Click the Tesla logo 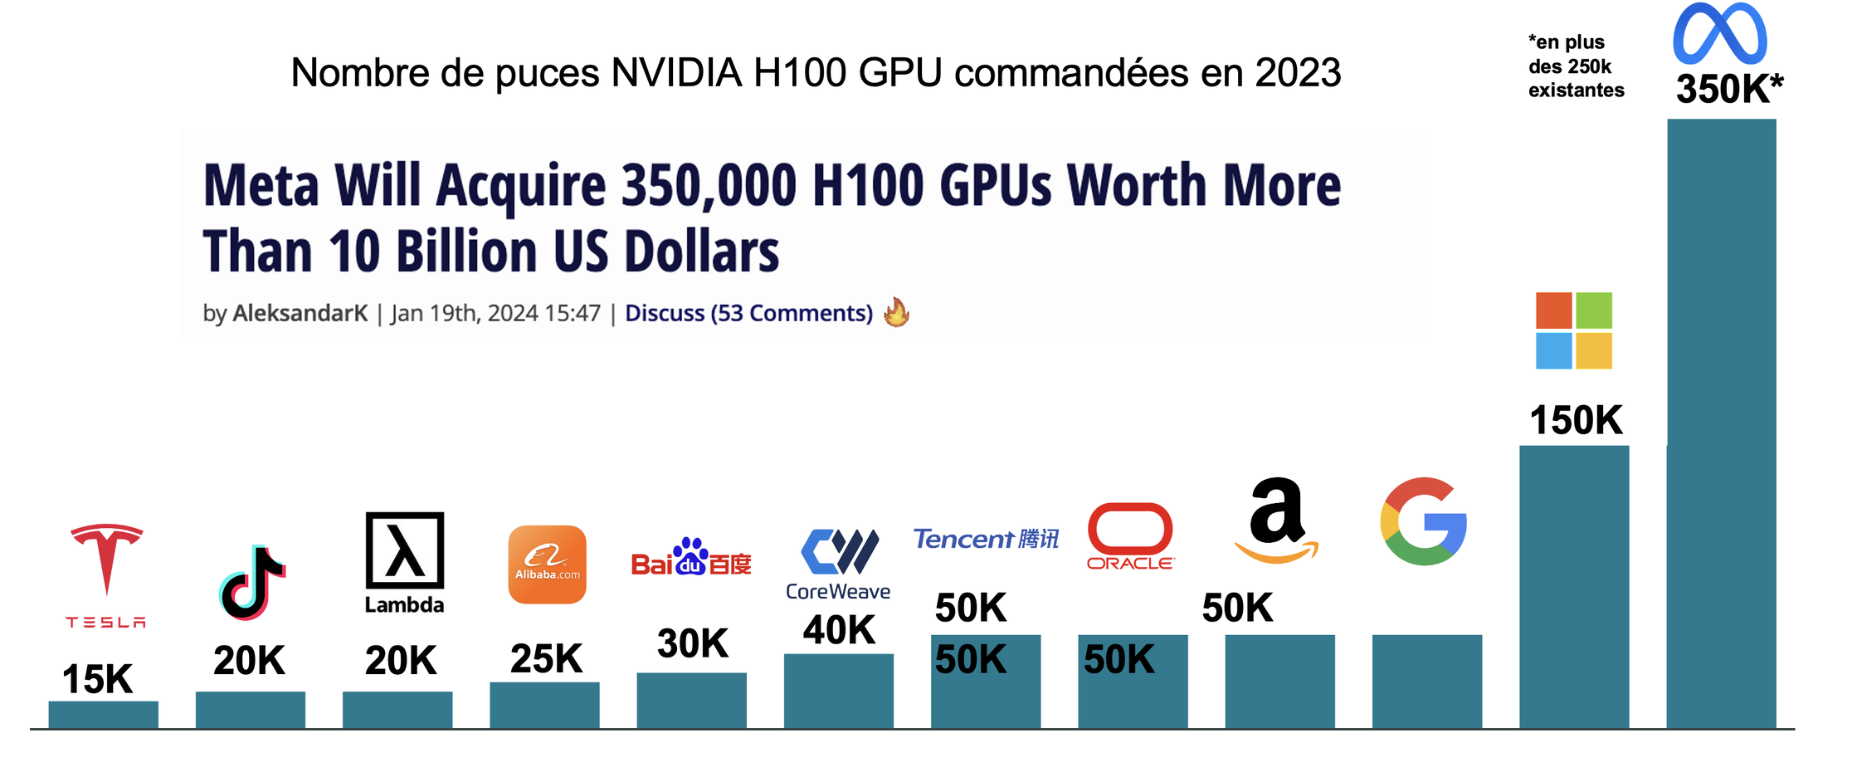click(x=106, y=573)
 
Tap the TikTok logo click(x=252, y=583)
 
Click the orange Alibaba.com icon click(x=548, y=565)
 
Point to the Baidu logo click(x=691, y=558)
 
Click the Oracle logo click(x=1130, y=536)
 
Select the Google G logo click(x=1424, y=521)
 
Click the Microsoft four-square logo click(x=1574, y=330)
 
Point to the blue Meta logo click(x=1720, y=35)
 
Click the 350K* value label click(x=1729, y=89)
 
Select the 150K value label click(x=1576, y=420)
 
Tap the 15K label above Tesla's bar click(x=97, y=679)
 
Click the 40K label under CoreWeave click(x=839, y=629)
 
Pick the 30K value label click(x=692, y=643)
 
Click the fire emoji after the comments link click(x=896, y=312)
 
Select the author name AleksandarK click(x=300, y=313)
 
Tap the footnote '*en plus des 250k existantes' click(x=1576, y=66)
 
